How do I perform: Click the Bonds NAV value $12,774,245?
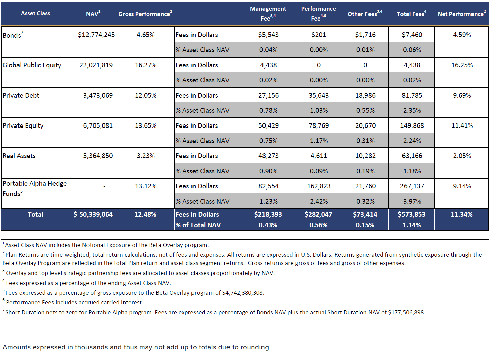(x=96, y=35)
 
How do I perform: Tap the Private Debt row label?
(x=21, y=95)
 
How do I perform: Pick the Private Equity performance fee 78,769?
(x=318, y=125)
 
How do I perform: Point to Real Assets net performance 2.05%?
(x=462, y=156)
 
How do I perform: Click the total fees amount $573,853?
(x=411, y=214)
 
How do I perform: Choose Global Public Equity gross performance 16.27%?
(x=145, y=65)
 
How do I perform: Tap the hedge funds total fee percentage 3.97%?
(x=412, y=201)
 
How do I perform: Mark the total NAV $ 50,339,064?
(x=93, y=214)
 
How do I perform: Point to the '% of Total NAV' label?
(x=198, y=225)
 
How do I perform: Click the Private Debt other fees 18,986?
(x=365, y=95)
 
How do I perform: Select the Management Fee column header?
(x=268, y=13)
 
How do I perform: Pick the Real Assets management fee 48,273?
(x=268, y=156)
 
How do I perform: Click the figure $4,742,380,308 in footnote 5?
(x=242, y=293)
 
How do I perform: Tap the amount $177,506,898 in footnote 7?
(x=406, y=312)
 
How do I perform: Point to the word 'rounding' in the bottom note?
(x=256, y=347)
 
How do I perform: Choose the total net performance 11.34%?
(x=461, y=214)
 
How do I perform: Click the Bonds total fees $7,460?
(x=412, y=35)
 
